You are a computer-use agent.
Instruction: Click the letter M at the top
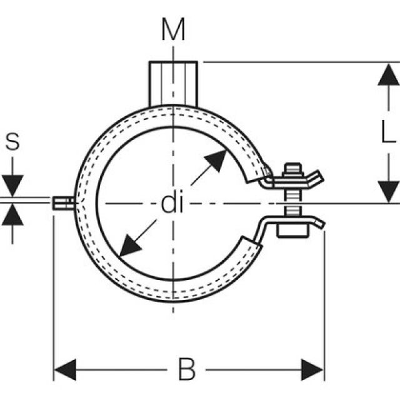173,29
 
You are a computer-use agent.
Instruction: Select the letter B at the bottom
187,370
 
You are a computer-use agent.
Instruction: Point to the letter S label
12,142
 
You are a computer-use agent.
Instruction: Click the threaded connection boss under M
173,83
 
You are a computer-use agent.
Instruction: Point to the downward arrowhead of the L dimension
388,191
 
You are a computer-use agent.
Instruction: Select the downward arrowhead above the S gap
12,186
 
